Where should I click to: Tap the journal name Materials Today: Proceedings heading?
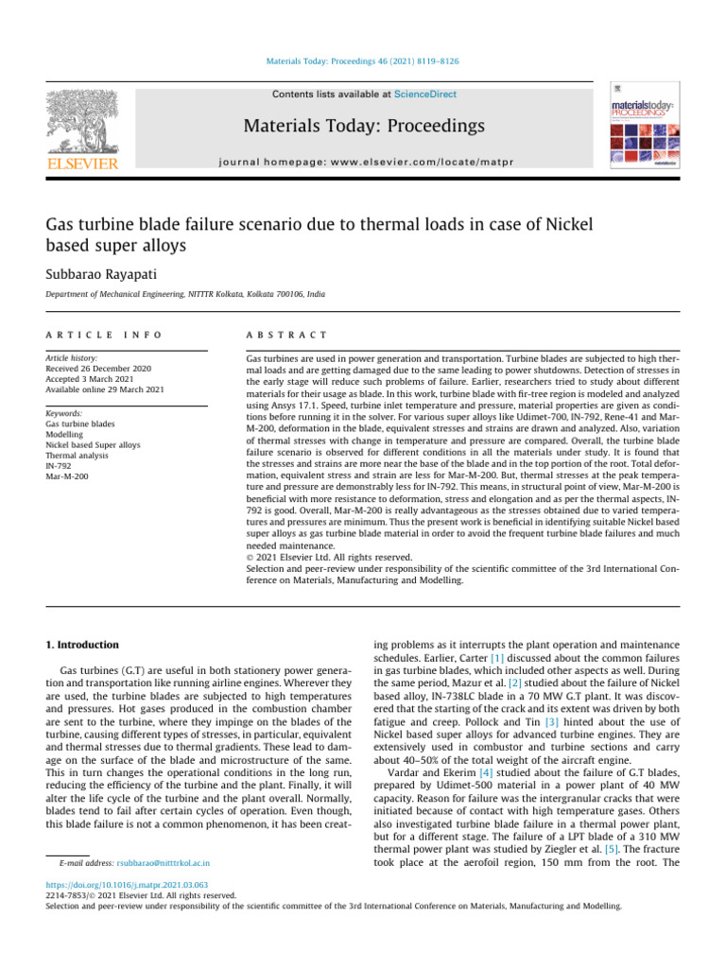tap(364, 126)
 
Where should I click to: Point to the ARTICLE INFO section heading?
tap(104, 335)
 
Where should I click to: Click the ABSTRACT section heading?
tap(286, 335)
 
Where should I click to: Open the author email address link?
tap(164, 863)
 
